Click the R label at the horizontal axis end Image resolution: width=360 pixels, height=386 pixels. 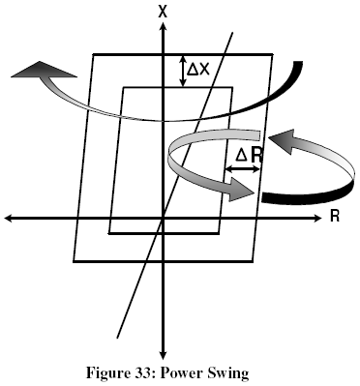334,216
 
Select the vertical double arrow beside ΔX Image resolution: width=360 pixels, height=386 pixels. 183,70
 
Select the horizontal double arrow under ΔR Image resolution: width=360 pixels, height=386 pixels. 243,169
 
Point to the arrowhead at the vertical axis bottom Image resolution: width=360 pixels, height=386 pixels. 164,354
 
